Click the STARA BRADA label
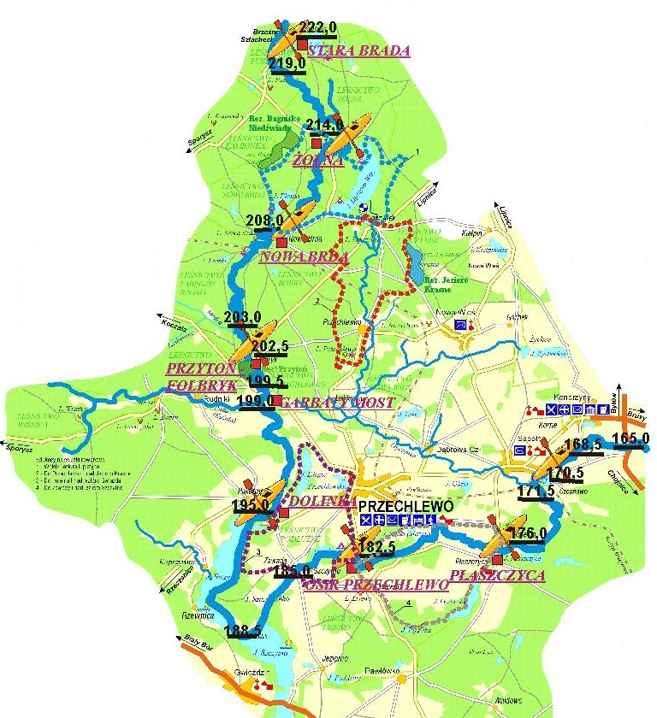click(x=358, y=50)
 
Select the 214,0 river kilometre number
click(x=324, y=126)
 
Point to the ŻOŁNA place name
click(x=317, y=160)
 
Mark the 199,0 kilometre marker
click(x=257, y=400)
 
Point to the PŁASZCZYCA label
click(x=497, y=576)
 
